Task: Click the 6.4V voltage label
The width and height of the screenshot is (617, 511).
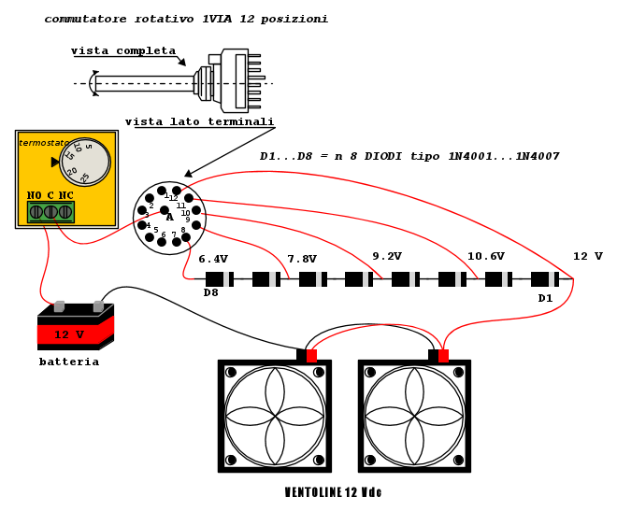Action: coord(213,259)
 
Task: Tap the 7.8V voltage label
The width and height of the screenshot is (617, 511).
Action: coord(302,259)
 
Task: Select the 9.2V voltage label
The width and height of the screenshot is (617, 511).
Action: coord(387,256)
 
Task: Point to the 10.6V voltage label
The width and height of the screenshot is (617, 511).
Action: coord(486,256)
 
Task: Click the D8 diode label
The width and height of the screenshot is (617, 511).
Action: coord(211,293)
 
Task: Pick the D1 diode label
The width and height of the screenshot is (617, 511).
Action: coord(546,298)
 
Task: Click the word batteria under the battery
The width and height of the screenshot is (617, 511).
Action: coord(69,362)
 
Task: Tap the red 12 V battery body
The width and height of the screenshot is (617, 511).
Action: coord(74,334)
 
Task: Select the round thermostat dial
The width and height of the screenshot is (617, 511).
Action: coord(85,162)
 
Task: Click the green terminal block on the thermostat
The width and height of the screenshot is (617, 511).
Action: coord(50,212)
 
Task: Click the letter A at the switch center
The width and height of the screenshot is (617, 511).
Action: coord(170,217)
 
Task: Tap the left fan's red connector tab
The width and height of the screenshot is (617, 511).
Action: coord(311,356)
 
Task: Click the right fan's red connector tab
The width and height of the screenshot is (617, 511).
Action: coord(443,356)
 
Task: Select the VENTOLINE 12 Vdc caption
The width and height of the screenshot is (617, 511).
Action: coord(333,493)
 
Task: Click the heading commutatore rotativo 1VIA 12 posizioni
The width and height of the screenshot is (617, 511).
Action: coord(186,19)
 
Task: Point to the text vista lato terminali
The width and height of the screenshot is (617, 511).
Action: coord(199,121)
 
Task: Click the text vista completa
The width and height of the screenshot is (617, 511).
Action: coord(122,50)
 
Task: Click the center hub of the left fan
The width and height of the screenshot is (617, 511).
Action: coord(275,416)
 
